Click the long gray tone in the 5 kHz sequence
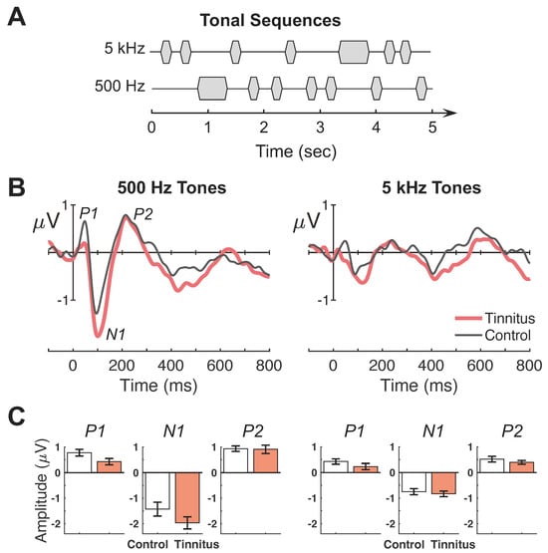click(x=354, y=51)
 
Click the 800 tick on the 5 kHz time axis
click(x=526, y=366)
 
